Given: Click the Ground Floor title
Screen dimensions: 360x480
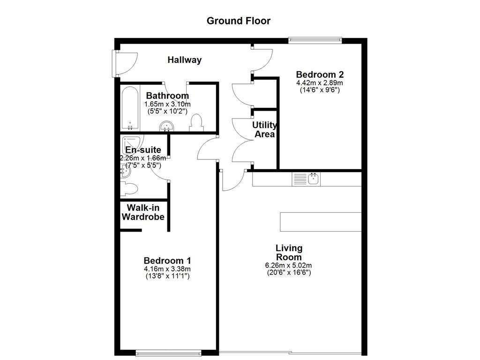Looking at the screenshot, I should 239,21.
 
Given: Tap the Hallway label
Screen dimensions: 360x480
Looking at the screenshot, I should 185,60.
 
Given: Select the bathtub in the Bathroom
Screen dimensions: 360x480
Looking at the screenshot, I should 130,107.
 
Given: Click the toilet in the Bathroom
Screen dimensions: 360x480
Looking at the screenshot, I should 196,123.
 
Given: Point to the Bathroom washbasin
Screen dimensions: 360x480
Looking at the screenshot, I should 167,126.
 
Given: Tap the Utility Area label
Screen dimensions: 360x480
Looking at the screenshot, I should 264,129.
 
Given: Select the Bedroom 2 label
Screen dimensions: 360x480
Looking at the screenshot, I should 320,75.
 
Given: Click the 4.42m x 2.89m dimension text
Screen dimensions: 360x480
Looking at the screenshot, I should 320,83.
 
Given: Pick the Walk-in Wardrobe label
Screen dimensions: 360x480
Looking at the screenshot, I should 143,212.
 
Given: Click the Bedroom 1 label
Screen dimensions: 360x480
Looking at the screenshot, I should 167,261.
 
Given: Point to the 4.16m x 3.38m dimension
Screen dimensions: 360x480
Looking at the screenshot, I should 167,269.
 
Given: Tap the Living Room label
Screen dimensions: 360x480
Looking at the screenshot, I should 289,252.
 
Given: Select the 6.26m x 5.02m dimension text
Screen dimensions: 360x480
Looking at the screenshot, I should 289,265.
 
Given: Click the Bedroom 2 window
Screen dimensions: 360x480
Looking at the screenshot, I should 315,40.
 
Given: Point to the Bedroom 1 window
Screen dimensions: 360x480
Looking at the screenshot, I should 169,352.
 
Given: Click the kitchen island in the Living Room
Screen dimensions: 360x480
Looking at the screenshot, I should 321,221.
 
